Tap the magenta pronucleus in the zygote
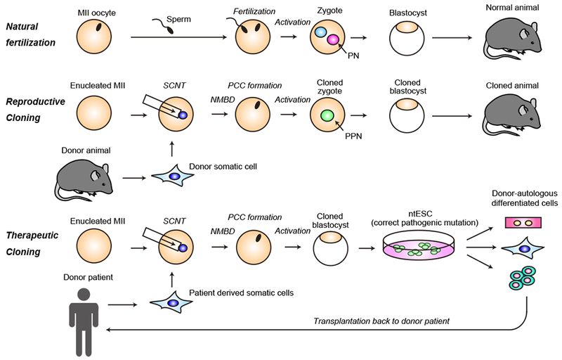331,39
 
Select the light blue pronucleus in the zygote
320,32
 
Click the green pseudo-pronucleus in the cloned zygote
326,115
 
